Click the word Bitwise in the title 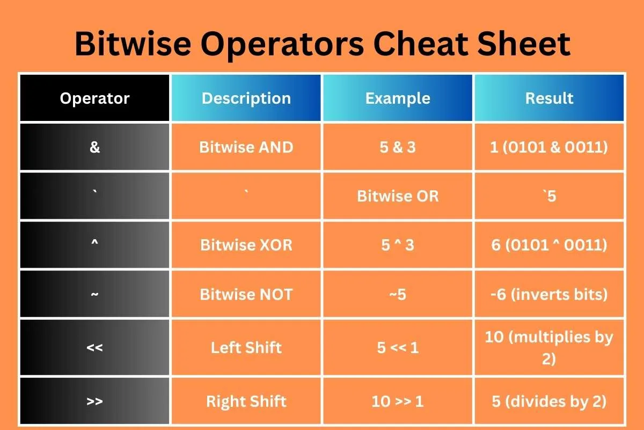coord(133,44)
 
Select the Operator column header coord(94,98)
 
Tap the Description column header coord(246,98)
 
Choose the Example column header coord(398,98)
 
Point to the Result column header coord(550,98)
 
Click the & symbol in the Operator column coord(94,147)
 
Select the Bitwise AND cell coord(246,147)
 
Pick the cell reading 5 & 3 coord(398,147)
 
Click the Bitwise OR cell coord(398,196)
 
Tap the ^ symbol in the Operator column coord(94,243)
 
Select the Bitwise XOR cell coord(246,245)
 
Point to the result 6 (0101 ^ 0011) coord(549,245)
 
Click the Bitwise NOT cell coord(246,295)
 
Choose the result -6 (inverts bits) coord(549,295)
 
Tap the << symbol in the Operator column coord(94,348)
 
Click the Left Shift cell coord(246,347)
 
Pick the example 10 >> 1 coord(398,401)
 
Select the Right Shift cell coord(246,401)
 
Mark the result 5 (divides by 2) coord(549,402)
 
